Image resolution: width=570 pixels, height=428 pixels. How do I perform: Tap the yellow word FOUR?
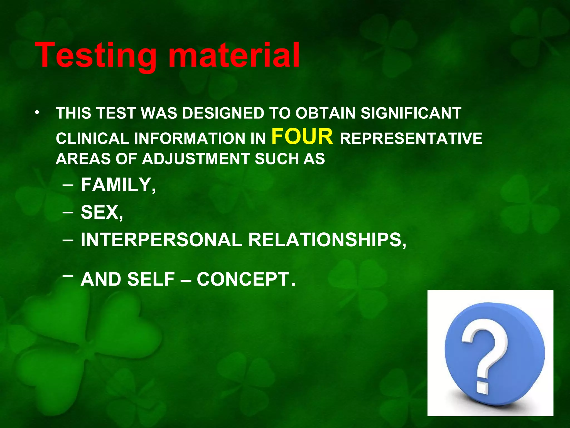[x=302, y=137]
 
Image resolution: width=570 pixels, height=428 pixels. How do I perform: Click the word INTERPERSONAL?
[x=161, y=240]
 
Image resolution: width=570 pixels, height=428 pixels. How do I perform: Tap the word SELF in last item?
[x=151, y=279]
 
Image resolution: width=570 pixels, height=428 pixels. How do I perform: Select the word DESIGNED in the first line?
[x=223, y=113]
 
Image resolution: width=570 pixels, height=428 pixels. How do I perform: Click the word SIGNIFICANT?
[x=411, y=113]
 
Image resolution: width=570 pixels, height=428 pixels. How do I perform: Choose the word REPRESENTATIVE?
[x=411, y=138]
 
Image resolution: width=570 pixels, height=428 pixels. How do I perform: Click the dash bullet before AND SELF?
[x=68, y=276]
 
